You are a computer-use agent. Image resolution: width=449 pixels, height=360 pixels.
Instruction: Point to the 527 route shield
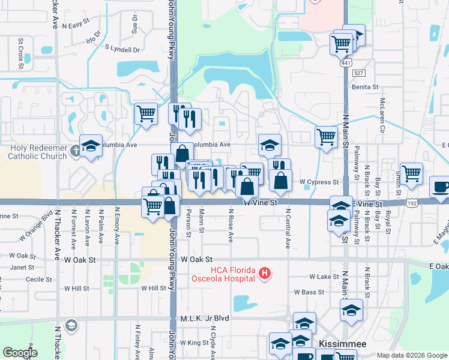coord(358,73)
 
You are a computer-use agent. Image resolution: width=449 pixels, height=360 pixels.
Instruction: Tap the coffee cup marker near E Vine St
coord(441,187)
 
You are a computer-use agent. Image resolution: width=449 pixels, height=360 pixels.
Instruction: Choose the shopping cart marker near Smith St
coord(411,173)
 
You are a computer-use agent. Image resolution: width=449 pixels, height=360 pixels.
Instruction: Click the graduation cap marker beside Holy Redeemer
coord(91,146)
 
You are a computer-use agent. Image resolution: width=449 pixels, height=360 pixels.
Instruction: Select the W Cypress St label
coord(319,182)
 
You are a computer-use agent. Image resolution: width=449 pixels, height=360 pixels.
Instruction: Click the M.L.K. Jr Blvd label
coord(201,319)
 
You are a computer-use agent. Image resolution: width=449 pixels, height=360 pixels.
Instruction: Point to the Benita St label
coord(366,87)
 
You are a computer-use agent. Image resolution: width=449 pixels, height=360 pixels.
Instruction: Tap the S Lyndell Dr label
coord(122,48)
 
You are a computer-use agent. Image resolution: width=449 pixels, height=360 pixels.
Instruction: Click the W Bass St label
coord(309,292)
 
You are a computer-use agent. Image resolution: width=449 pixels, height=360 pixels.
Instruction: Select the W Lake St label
coord(325,277)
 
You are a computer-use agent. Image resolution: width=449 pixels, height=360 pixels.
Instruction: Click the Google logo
coord(20,352)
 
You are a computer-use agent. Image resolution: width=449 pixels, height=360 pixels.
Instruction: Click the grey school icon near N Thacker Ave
coord(71,325)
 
